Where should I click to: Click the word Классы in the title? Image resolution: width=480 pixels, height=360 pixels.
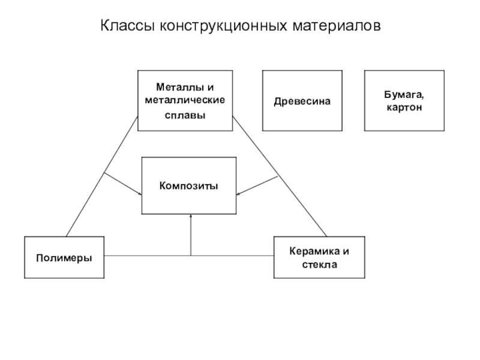(x=127, y=26)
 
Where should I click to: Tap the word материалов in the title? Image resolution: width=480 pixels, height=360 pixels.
(x=337, y=26)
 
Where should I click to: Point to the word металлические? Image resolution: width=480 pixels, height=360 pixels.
(x=185, y=100)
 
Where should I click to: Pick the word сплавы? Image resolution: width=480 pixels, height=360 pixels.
(x=185, y=115)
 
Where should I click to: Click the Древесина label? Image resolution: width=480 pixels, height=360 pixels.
(x=302, y=101)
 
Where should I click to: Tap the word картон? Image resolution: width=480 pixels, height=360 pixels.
(x=404, y=108)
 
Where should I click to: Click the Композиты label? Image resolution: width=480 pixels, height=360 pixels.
(x=188, y=186)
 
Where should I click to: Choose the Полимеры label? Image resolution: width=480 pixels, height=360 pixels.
(x=64, y=258)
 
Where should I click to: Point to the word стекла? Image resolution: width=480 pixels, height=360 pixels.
(x=319, y=265)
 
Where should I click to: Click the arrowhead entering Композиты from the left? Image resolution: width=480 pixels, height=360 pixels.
(x=140, y=194)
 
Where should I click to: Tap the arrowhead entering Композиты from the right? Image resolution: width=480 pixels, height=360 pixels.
(x=238, y=194)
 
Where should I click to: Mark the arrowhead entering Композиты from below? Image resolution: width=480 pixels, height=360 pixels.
(x=191, y=216)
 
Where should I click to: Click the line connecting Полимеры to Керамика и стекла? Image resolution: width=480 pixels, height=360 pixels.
(x=189, y=256)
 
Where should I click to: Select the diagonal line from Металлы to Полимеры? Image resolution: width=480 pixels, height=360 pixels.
(x=101, y=176)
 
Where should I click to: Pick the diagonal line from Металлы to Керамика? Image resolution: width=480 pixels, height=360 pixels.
(x=280, y=176)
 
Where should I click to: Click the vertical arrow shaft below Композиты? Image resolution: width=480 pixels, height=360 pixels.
(x=191, y=235)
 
